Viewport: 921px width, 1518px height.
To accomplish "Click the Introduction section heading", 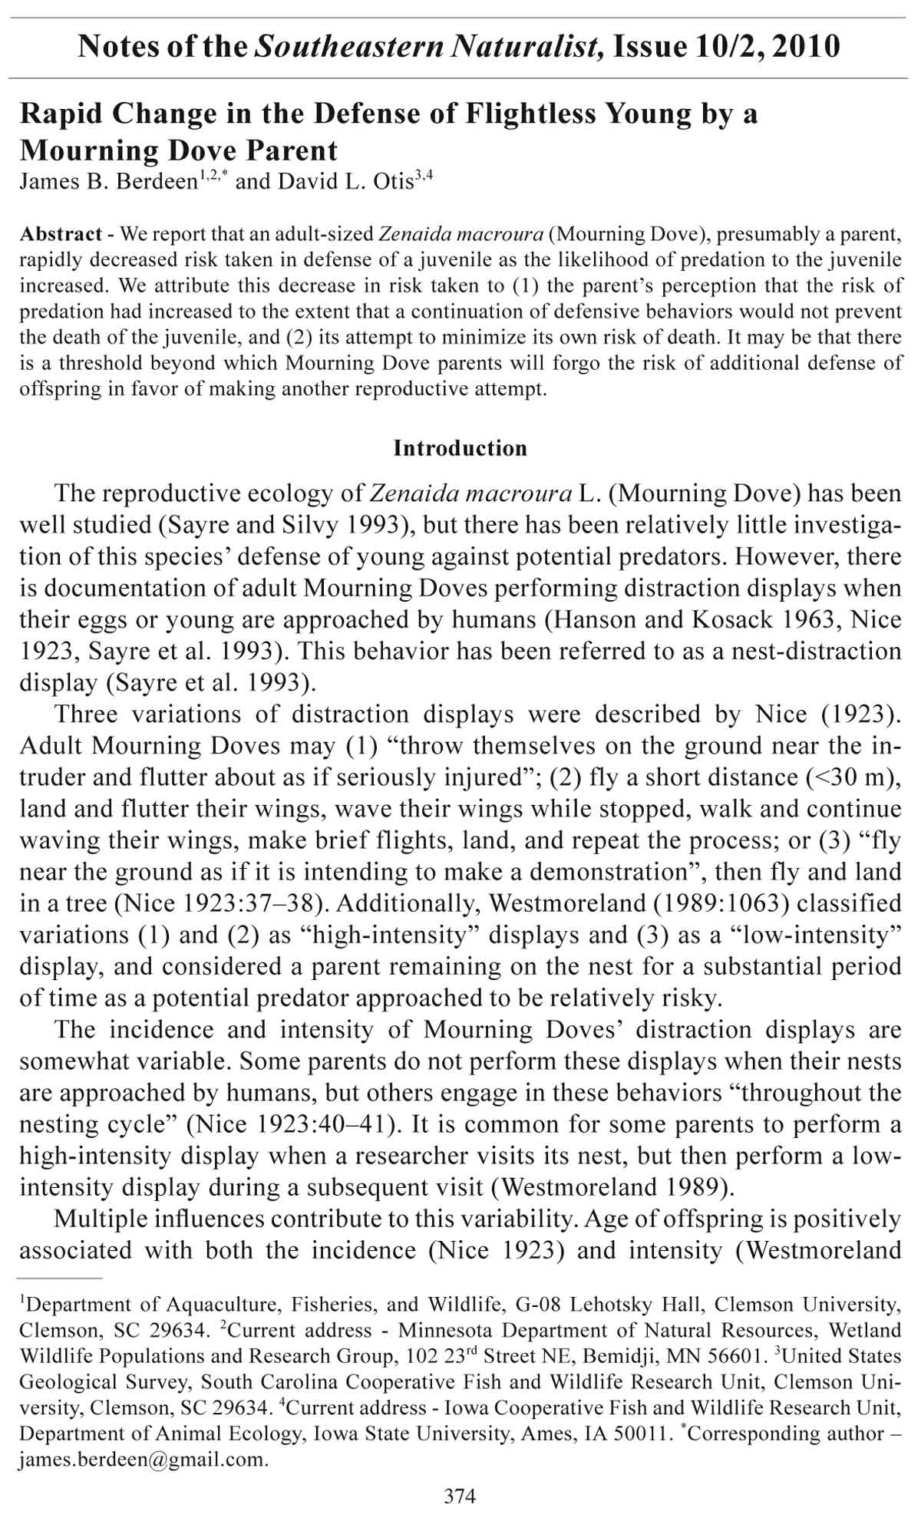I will (460, 448).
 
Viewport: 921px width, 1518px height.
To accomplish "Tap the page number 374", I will (460, 1496).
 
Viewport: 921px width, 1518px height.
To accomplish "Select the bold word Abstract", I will (61, 233).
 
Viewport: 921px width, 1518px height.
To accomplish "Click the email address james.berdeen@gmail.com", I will (144, 1459).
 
